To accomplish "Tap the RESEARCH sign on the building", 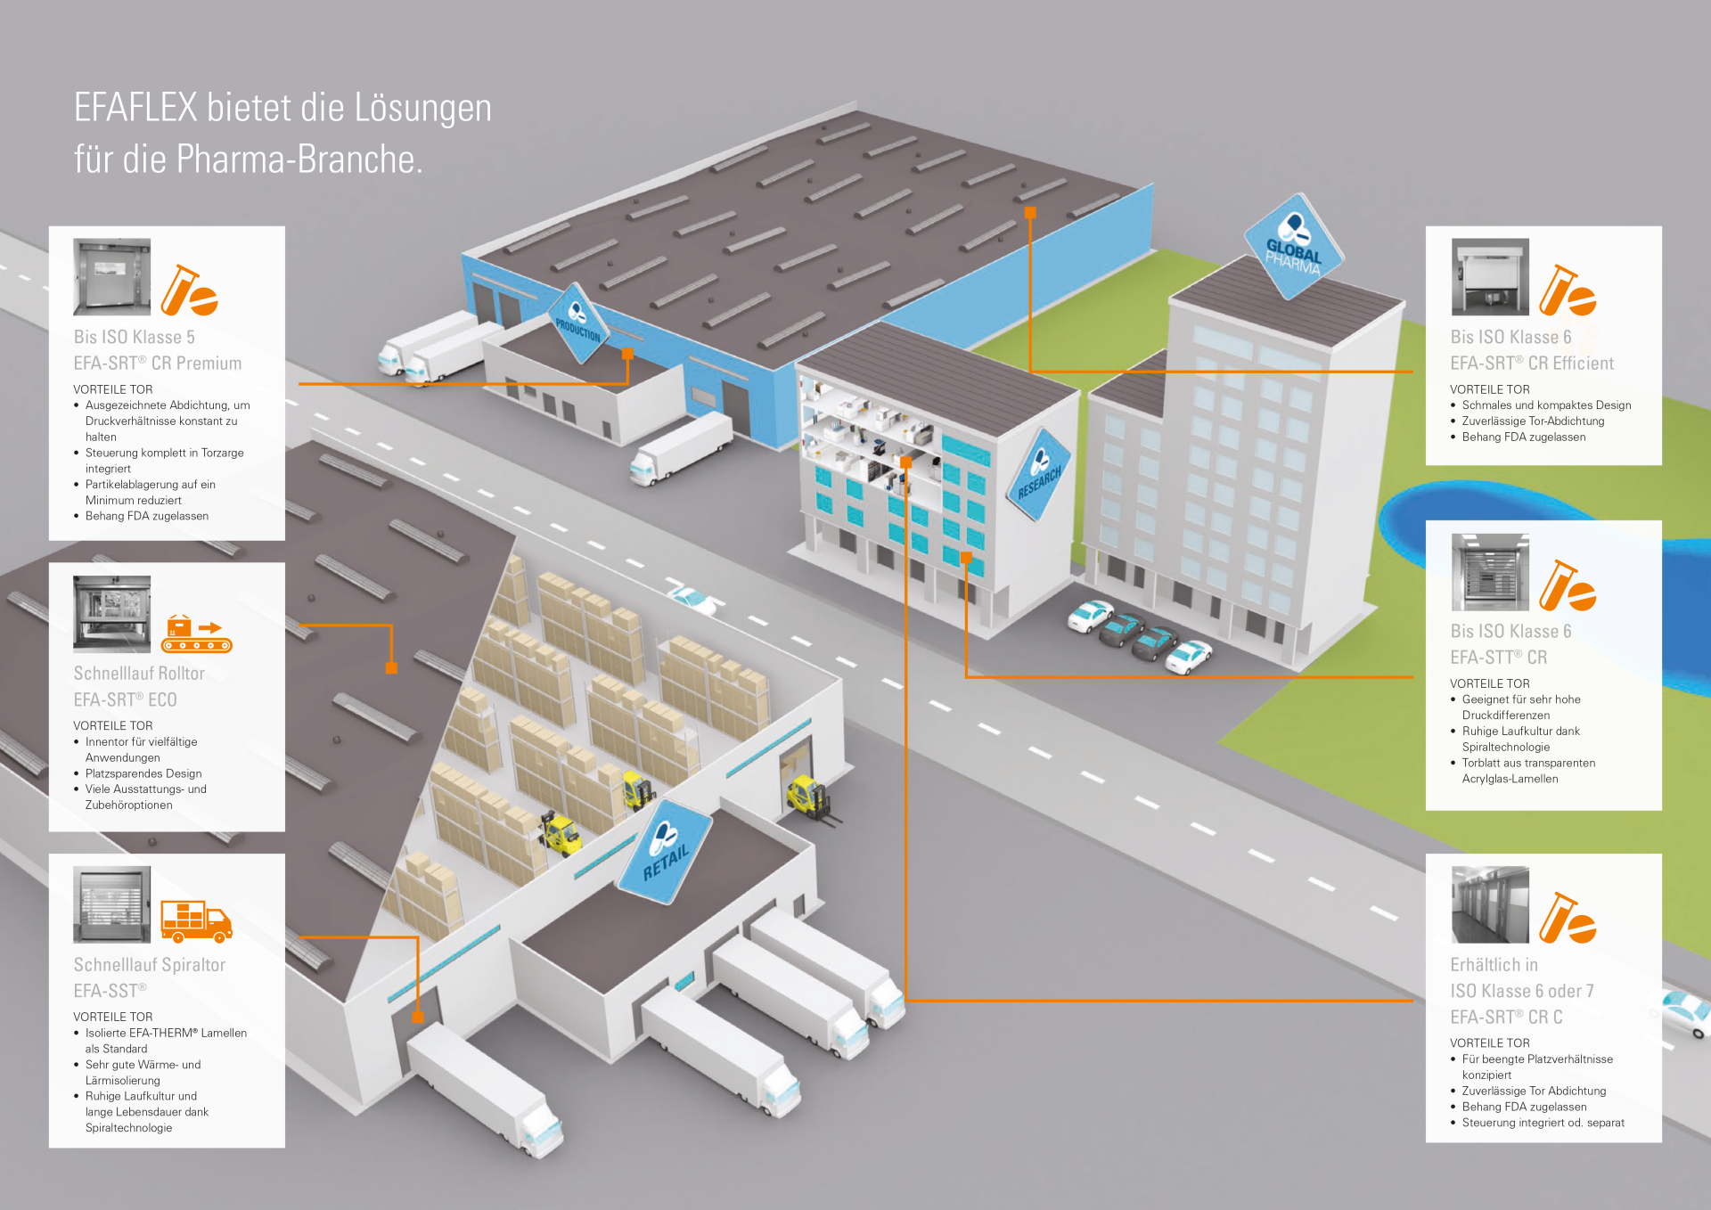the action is [x=1039, y=473].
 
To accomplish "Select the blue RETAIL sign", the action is [x=666, y=851].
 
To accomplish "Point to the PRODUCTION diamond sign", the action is [x=578, y=323].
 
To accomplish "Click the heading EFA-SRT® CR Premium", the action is [x=158, y=364].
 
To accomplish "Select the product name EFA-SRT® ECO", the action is [x=125, y=700].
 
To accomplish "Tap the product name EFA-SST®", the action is [x=111, y=991].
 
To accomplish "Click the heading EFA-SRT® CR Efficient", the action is [x=1532, y=364].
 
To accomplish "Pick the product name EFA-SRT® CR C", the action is [x=1506, y=1018].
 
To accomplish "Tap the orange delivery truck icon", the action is [x=197, y=920].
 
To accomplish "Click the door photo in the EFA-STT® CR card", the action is [x=1490, y=572].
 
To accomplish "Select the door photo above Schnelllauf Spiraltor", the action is [x=112, y=904].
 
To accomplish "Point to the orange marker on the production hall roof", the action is [x=1030, y=213].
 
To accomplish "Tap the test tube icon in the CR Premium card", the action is [x=189, y=290].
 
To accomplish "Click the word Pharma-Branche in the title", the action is [x=299, y=159].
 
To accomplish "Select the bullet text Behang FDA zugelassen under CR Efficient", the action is [x=1524, y=437].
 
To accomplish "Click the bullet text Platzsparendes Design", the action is [x=143, y=773].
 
